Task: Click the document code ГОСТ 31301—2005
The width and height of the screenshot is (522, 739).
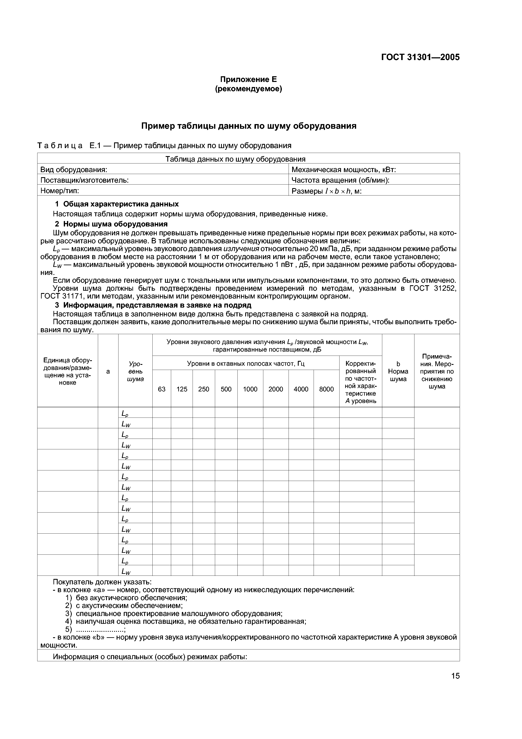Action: [420, 57]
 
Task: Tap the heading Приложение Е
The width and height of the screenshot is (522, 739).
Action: [248, 79]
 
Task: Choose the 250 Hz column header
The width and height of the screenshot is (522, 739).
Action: [204, 389]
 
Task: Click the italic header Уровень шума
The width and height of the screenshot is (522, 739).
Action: [135, 371]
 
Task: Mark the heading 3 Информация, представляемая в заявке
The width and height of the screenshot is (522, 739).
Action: [153, 305]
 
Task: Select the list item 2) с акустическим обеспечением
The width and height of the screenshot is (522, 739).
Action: [124, 605]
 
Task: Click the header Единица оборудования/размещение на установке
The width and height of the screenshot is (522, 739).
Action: [68, 371]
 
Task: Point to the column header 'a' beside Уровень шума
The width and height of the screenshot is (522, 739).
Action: [108, 371]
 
